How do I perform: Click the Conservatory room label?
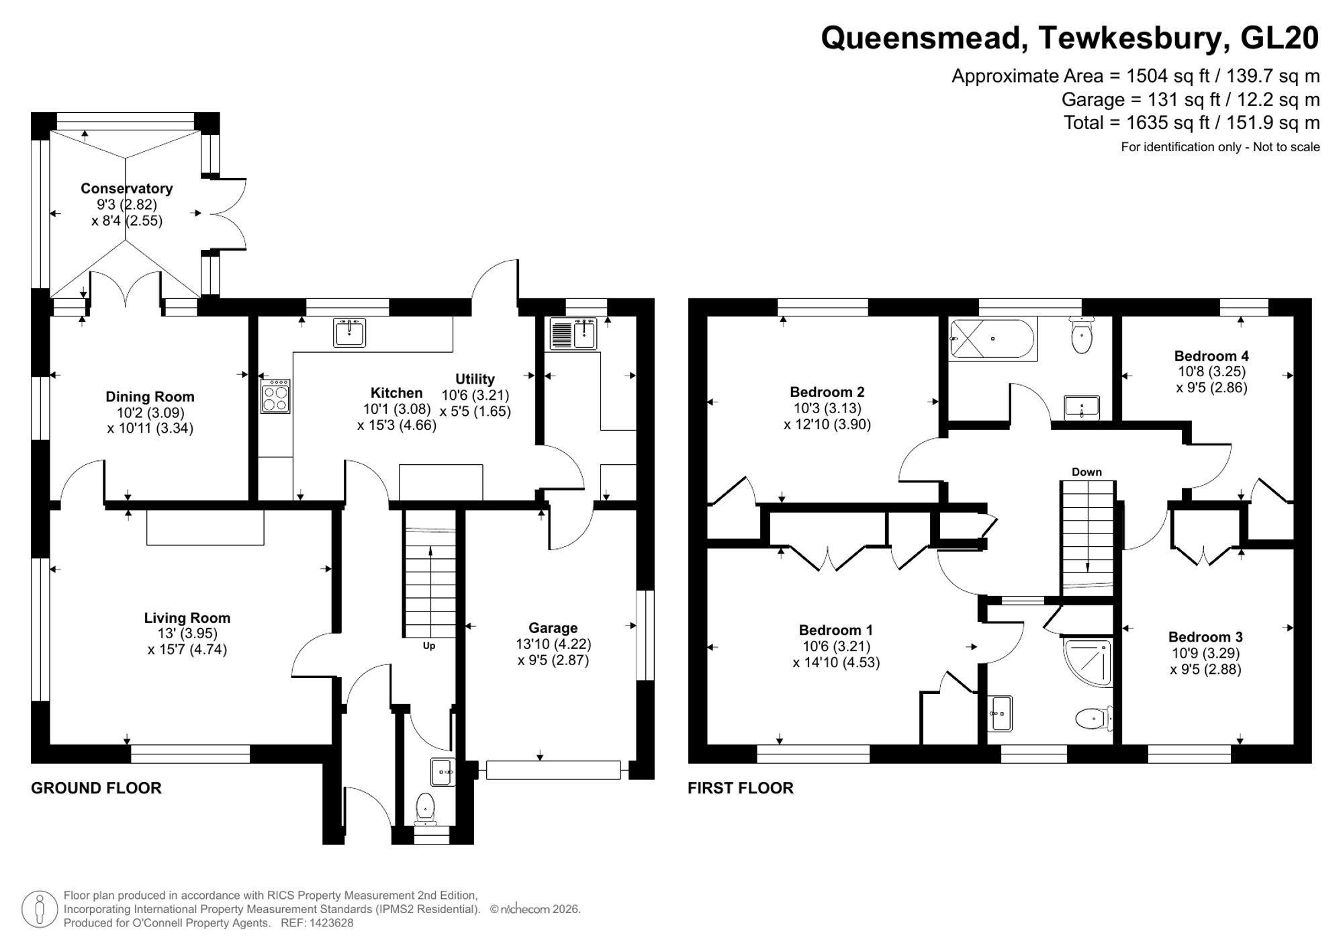click(126, 189)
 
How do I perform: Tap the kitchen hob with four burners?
click(275, 396)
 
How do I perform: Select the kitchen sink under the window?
click(349, 333)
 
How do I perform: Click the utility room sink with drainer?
click(573, 334)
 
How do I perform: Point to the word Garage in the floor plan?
click(553, 628)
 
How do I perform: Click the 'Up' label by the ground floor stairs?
click(429, 646)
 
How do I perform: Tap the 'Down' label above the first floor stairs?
click(1086, 472)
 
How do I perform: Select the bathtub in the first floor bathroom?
click(992, 339)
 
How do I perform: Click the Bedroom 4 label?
click(1211, 356)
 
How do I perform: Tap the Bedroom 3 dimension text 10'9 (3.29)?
click(1205, 653)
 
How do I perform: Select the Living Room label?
click(187, 618)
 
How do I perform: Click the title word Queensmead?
click(923, 38)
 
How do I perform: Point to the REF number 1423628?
click(330, 923)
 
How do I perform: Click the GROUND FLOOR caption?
click(96, 788)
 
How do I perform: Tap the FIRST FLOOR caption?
click(740, 788)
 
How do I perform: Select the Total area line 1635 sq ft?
click(1191, 123)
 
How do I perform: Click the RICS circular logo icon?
click(39, 910)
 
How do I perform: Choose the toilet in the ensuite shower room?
click(1091, 720)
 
